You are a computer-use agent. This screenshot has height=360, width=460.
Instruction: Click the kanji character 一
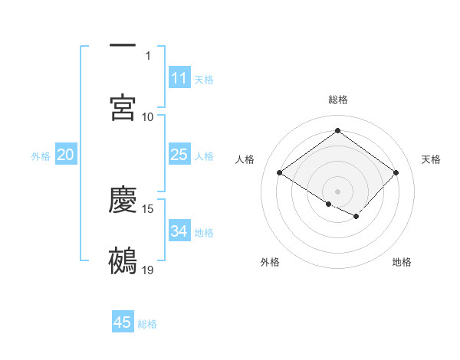pyautogui.click(x=123, y=46)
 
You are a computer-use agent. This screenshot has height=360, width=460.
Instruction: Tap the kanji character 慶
pyautogui.click(x=123, y=200)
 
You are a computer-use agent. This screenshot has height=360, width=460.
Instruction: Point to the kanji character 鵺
pyautogui.click(x=123, y=260)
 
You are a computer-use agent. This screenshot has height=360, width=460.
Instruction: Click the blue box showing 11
pyautogui.click(x=179, y=78)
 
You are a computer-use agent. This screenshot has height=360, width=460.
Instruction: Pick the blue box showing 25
pyautogui.click(x=179, y=155)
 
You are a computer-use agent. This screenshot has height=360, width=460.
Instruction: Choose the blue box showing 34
pyautogui.click(x=179, y=231)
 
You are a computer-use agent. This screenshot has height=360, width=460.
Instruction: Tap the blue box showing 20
pyautogui.click(x=66, y=155)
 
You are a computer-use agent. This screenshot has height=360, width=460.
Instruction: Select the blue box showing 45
pyautogui.click(x=123, y=322)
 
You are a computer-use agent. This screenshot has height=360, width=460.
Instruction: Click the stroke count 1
pyautogui.click(x=149, y=56)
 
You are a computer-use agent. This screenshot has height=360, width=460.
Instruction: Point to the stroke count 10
pyautogui.click(x=148, y=116)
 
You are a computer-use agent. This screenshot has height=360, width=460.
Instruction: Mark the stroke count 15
pyautogui.click(x=148, y=209)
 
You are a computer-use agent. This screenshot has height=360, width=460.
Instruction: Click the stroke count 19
pyautogui.click(x=148, y=270)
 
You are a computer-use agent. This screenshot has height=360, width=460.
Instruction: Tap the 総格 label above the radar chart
pyautogui.click(x=338, y=100)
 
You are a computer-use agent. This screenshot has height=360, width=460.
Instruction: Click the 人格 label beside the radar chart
pyautogui.click(x=245, y=159)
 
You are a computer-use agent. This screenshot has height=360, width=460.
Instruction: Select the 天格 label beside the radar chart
pyautogui.click(x=431, y=159)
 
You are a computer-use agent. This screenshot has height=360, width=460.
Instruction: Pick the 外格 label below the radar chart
pyautogui.click(x=270, y=262)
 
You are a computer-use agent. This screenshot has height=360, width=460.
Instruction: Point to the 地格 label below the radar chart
pyautogui.click(x=402, y=262)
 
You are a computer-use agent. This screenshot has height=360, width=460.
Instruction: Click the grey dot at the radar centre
pyautogui.click(x=337, y=191)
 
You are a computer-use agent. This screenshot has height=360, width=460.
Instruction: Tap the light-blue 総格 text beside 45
pyautogui.click(x=147, y=324)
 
